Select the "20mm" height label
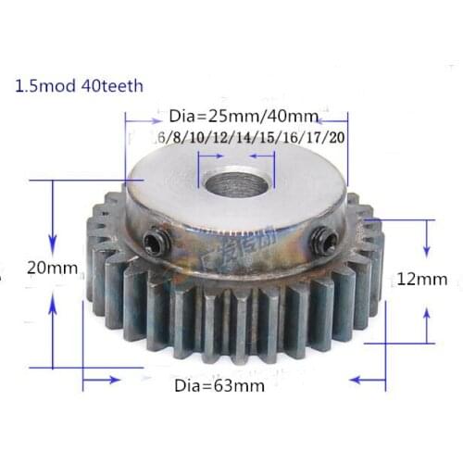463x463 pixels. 52,269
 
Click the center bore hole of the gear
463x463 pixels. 235,180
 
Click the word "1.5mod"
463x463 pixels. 39,89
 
